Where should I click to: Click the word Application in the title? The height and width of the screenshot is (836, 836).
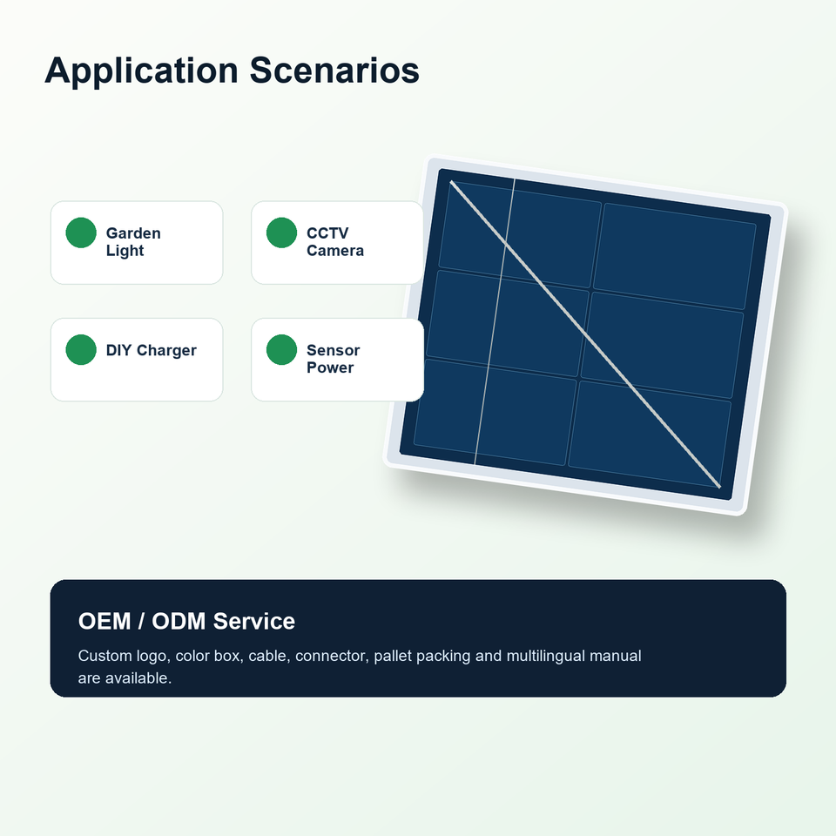tap(141, 71)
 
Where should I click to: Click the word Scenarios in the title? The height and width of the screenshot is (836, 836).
tap(334, 70)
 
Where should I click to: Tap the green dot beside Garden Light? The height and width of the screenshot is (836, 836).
tap(81, 233)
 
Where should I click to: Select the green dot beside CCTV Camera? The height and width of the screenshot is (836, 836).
tap(281, 233)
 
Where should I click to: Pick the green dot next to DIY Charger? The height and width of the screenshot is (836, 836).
tap(81, 350)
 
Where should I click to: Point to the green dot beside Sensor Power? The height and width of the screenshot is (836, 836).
tap(281, 350)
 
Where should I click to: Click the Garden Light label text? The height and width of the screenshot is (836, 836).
tap(133, 242)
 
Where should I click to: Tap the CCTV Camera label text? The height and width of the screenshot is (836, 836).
tap(334, 242)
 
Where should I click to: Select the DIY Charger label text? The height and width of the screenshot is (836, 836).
tap(152, 350)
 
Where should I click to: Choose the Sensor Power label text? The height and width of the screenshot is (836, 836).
tap(334, 359)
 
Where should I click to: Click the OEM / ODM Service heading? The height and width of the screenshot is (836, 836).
tap(186, 621)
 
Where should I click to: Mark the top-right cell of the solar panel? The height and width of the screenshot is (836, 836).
tap(675, 256)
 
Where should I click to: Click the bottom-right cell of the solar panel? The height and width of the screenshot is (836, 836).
tap(650, 434)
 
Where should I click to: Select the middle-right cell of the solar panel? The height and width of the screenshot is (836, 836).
tap(662, 345)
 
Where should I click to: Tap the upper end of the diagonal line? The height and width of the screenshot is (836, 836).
tap(451, 182)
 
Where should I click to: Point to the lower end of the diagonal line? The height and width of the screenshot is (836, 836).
tap(720, 486)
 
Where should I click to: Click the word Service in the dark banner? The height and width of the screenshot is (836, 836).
tap(253, 621)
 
